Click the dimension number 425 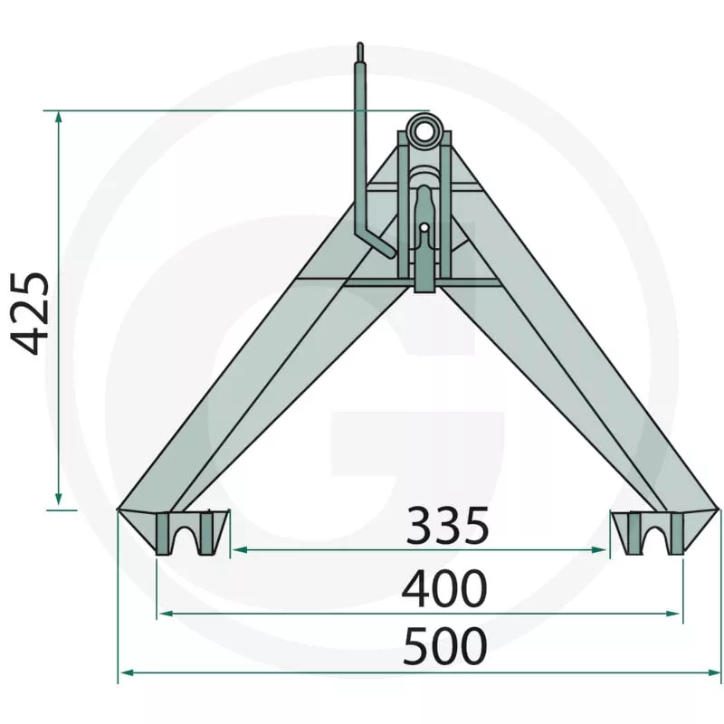(30, 313)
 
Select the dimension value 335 (447, 526)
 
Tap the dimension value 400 (444, 589)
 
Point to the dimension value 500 (445, 646)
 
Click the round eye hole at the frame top (424, 129)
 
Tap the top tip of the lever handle (360, 43)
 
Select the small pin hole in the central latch (424, 228)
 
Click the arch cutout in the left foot (186, 535)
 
